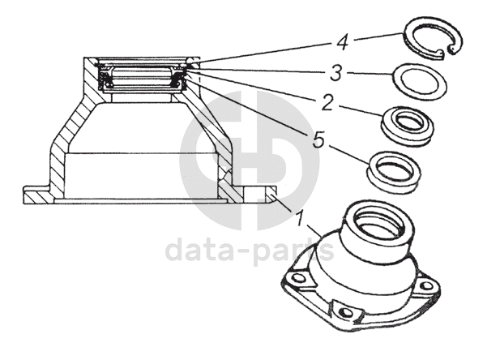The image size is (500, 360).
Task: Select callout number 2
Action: (x=327, y=103)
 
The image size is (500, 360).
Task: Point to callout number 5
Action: (x=318, y=140)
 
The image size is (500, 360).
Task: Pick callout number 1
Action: (x=300, y=218)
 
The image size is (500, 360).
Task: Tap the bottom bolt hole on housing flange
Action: (x=348, y=312)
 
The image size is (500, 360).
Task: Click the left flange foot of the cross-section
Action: (x=36, y=195)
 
